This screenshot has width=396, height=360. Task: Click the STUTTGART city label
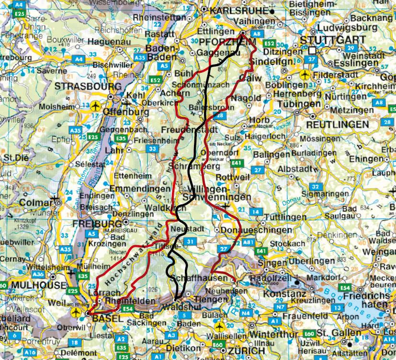tap(329, 40)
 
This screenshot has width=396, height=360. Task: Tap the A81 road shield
tap(249, 243)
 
